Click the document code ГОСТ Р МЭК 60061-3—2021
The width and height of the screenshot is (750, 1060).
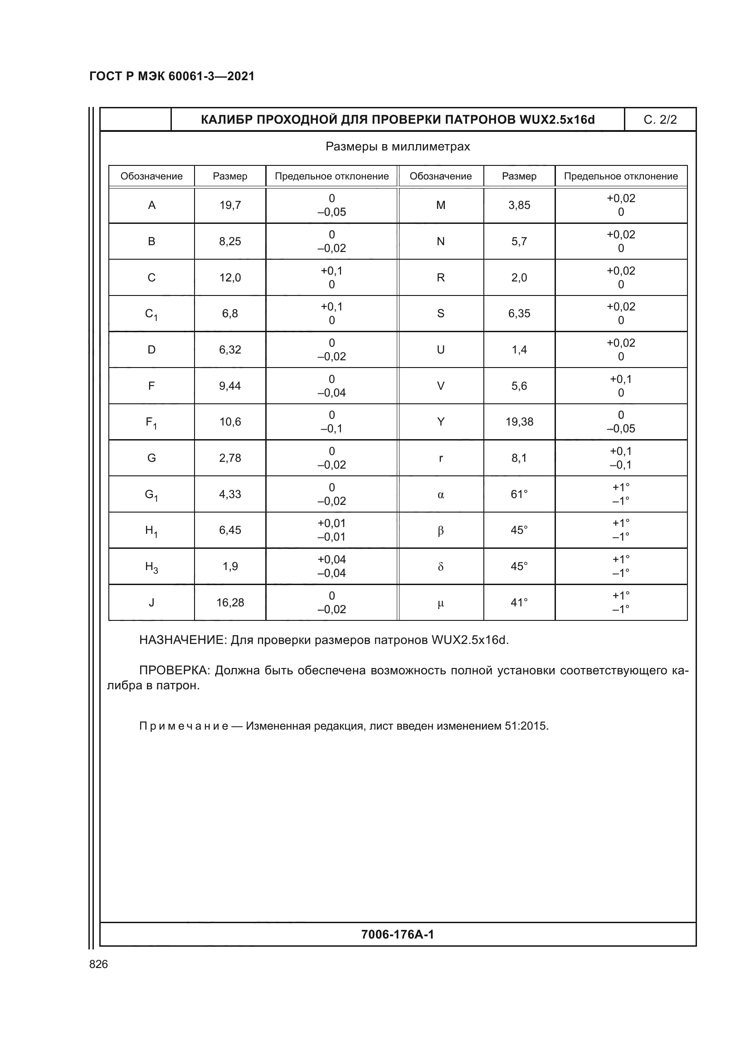172,76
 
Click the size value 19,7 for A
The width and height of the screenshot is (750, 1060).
230,205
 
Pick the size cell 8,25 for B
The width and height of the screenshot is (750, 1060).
230,242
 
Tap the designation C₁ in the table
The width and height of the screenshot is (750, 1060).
151,315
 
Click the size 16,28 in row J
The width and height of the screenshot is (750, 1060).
230,603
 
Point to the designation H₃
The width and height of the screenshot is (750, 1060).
151,567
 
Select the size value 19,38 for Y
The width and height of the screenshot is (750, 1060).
519,422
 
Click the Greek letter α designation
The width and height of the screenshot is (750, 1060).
441,495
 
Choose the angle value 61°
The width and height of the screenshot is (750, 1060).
519,494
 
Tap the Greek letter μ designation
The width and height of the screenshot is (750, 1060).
441,603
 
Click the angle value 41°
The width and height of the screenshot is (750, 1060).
519,603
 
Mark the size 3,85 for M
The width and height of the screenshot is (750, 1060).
519,205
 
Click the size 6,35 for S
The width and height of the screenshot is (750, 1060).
519,314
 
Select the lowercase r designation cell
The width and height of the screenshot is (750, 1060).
441,459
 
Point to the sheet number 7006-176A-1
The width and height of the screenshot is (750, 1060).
398,934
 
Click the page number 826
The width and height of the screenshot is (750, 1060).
98,964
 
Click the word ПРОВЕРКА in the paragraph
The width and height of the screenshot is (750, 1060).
174,670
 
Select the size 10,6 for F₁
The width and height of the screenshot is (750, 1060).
230,422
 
